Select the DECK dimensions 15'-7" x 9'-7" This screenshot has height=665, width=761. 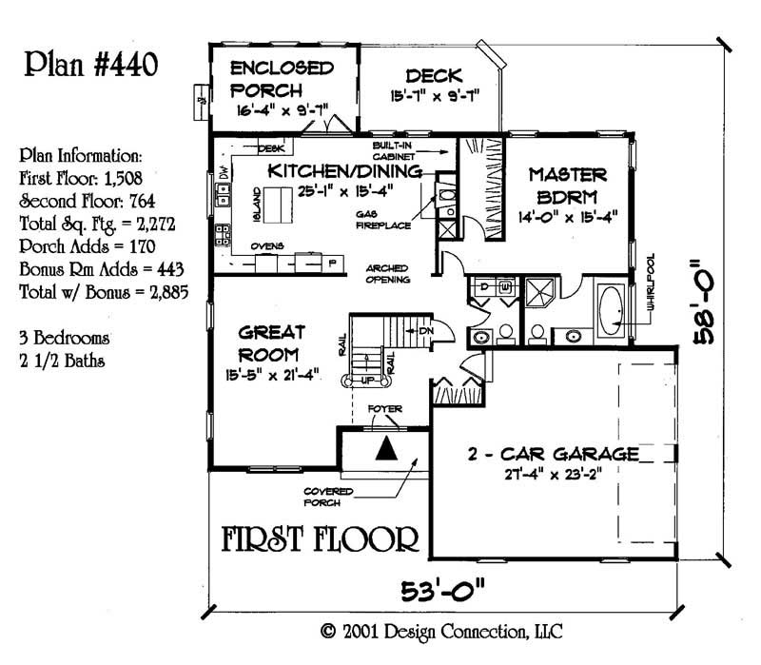click(x=433, y=96)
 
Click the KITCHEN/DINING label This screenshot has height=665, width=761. click(x=344, y=171)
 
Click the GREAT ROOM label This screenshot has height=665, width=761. click(x=271, y=342)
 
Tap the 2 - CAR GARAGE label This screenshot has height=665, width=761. click(x=552, y=453)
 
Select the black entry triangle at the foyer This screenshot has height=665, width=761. click(x=386, y=448)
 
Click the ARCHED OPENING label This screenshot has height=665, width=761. click(x=388, y=274)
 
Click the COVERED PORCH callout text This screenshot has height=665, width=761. click(x=329, y=496)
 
